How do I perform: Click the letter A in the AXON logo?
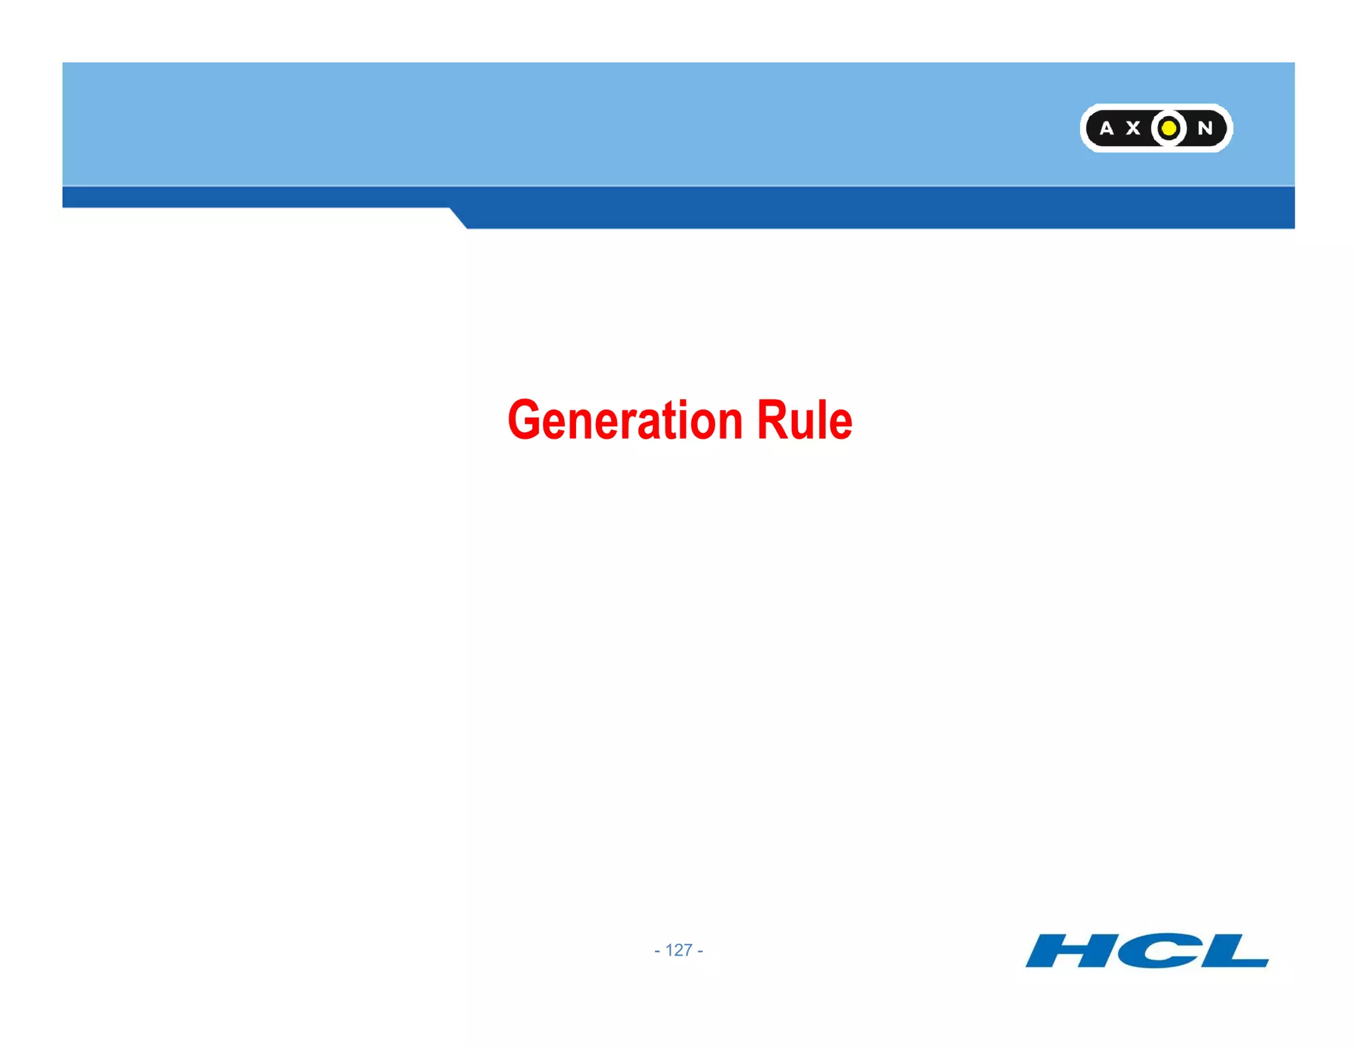(x=1106, y=128)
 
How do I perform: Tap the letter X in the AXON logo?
(x=1134, y=128)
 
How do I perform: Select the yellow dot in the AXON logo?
(x=1169, y=128)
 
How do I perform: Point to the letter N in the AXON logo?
(x=1205, y=128)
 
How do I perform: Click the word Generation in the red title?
(x=625, y=421)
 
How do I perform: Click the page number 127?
(x=679, y=950)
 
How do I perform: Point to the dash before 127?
(x=657, y=951)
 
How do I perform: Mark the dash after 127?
(x=700, y=951)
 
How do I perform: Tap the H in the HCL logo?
(x=1067, y=950)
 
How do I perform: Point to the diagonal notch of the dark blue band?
(x=458, y=218)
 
